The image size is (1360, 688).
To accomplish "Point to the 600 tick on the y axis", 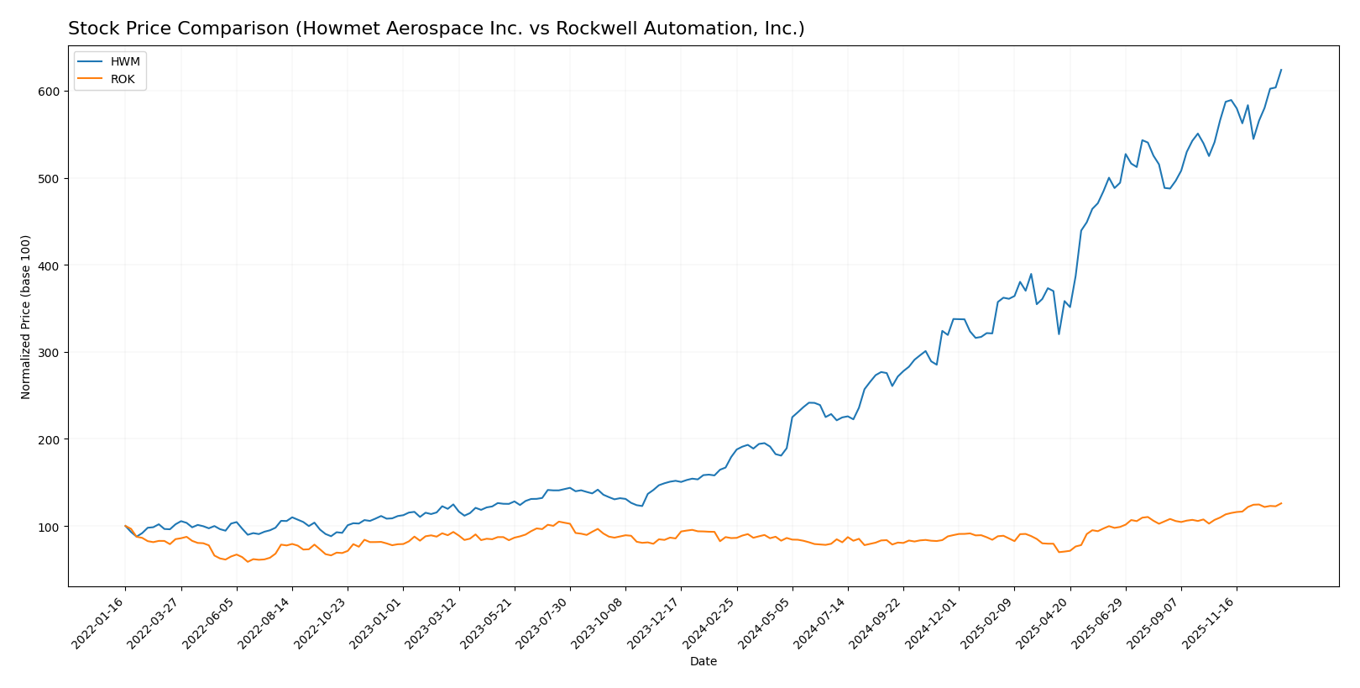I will (50, 92).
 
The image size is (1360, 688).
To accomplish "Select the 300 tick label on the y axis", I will (50, 353).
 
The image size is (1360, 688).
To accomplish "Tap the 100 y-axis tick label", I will (50, 527).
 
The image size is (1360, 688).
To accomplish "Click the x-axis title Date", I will (703, 662).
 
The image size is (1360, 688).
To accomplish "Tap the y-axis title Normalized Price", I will (26, 317).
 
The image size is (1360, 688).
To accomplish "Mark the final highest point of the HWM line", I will (1281, 70).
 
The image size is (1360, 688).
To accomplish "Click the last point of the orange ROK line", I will (1281, 503).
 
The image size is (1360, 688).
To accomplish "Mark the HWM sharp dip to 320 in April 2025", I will (1059, 334).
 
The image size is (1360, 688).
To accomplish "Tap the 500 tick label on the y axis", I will (50, 179).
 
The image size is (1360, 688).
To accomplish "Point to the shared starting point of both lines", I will (125, 526).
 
